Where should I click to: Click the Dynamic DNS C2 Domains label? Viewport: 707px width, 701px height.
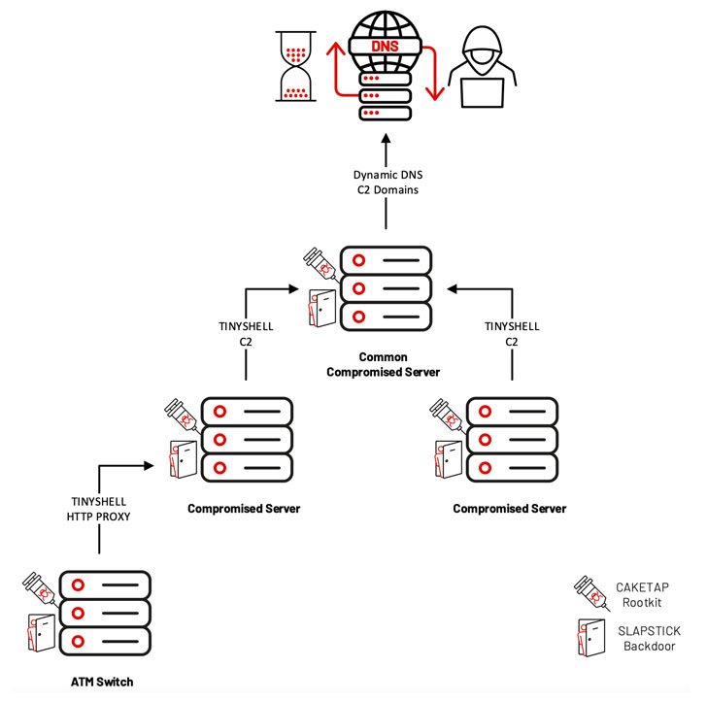(387, 183)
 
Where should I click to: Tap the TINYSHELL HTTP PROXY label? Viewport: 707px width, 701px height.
(100, 510)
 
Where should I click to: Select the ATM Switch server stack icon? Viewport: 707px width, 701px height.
(105, 612)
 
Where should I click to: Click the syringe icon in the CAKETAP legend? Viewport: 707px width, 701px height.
(588, 592)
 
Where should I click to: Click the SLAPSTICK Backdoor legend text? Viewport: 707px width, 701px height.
(649, 638)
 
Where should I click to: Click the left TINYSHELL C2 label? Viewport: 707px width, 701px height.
(246, 333)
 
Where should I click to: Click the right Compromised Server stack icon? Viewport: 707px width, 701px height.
(511, 439)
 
